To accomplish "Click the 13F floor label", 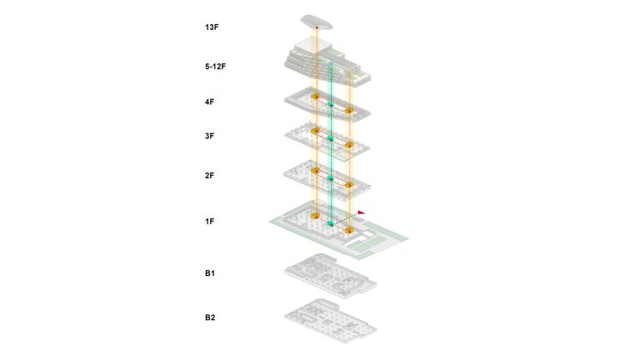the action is (212, 27).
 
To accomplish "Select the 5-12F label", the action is (215, 67).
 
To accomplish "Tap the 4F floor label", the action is (209, 102).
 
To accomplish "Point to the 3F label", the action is (209, 136).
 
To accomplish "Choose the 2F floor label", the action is (209, 176).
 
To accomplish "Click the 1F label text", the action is (209, 221).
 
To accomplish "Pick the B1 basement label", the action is (210, 273).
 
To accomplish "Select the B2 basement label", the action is (210, 317).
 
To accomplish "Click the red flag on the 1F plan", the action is (362, 212).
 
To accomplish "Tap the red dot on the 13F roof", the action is (317, 27).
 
